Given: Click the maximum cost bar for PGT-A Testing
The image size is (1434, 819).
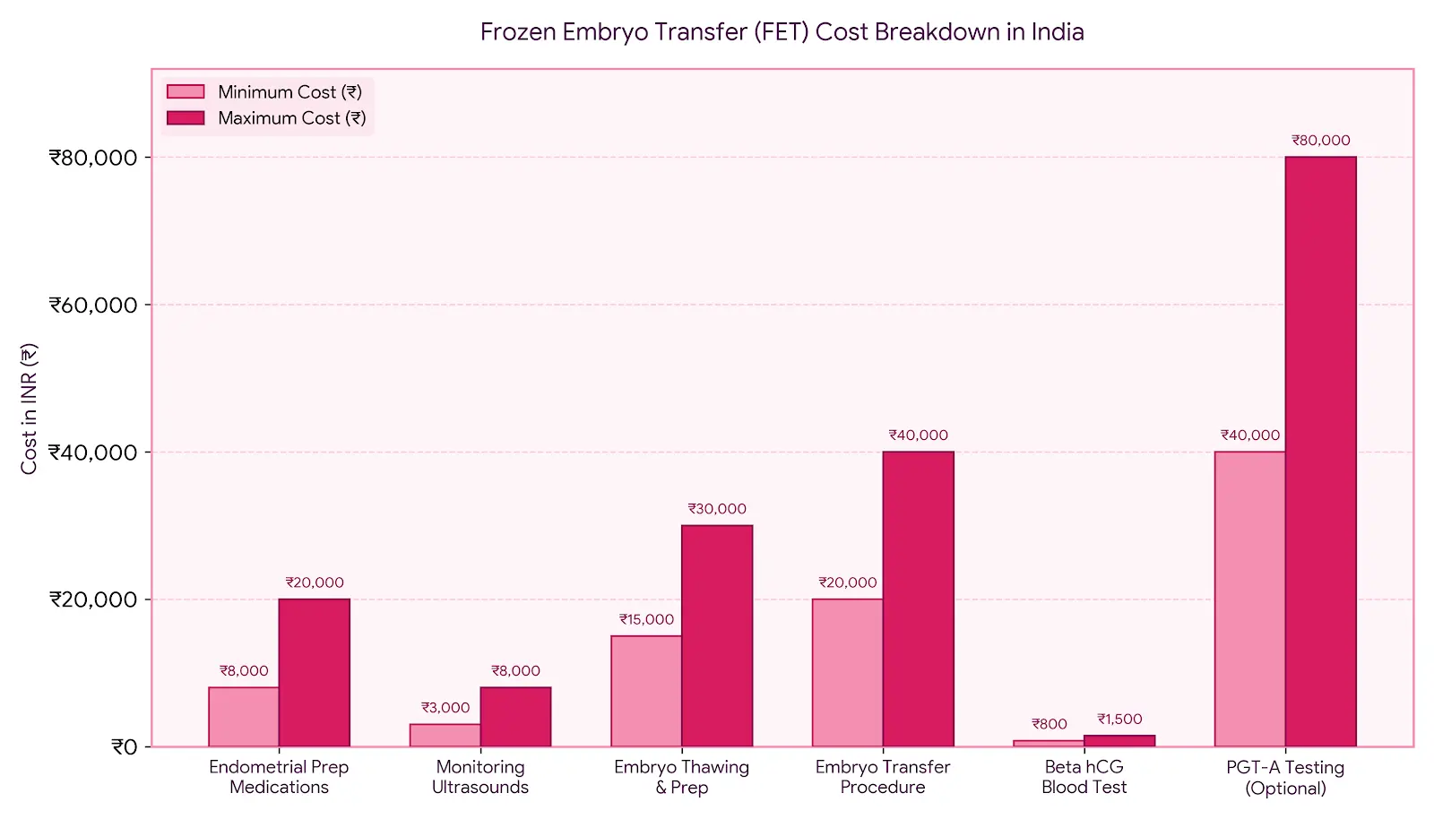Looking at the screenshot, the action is (1321, 452).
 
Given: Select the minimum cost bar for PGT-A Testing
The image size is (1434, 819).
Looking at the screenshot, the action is (1249, 599).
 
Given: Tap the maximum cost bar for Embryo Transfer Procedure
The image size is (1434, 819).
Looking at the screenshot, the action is (918, 599).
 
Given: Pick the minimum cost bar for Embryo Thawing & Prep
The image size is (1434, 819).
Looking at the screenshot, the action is (646, 691).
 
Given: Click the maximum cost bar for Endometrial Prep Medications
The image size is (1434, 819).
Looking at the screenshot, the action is (315, 672).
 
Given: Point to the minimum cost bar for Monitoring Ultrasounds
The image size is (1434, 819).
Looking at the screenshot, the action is (445, 735).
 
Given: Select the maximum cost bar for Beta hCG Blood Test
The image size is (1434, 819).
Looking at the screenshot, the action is (1119, 741).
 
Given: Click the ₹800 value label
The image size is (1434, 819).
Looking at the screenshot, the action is (1050, 724).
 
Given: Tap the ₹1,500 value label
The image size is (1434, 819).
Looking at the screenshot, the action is (1119, 719).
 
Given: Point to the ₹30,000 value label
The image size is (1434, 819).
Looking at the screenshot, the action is (717, 509).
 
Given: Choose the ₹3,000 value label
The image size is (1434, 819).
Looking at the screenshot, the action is (445, 708).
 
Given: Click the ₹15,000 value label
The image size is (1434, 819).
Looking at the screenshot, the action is (646, 619).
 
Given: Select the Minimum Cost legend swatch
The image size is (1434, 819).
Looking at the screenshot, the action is (186, 91).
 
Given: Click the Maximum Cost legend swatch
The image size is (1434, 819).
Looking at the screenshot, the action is (186, 117).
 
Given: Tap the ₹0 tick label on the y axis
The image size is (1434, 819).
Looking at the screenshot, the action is (125, 746).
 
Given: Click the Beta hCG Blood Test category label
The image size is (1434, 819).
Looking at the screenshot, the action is (1084, 777).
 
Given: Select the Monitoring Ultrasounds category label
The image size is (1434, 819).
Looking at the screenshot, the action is (480, 777).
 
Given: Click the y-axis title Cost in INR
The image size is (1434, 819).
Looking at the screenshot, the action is (29, 409).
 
